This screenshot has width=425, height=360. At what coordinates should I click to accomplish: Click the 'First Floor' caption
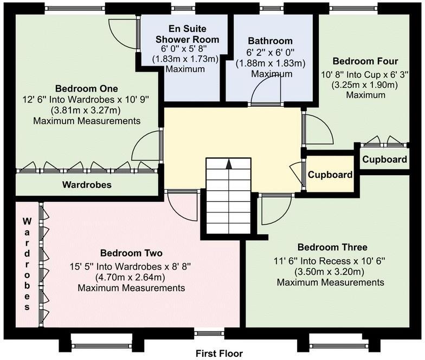pos(220,353)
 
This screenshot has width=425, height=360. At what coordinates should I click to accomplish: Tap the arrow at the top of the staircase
pos(229,163)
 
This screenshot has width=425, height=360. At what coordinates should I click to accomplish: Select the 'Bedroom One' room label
pos(87,88)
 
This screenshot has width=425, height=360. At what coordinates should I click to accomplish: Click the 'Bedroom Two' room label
pos(131,253)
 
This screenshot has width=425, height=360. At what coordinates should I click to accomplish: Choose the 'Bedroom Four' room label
pos(358,61)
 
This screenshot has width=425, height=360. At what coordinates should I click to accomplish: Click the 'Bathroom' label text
pos(270,41)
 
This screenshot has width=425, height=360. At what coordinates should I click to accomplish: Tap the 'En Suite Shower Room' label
pos(187,34)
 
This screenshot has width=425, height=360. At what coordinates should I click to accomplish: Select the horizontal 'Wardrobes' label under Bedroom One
pos(87,185)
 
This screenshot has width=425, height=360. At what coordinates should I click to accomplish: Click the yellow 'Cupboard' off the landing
pos(330,175)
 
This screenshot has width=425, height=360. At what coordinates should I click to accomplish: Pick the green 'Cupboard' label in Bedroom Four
pos(384,159)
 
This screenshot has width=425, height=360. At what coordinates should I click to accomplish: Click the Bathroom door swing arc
pos(266,89)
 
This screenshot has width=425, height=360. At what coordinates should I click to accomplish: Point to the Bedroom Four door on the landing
pos(315,128)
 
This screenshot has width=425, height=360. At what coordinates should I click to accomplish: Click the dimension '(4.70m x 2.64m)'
pos(131,277)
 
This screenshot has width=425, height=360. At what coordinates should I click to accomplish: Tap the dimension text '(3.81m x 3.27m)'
pos(87,110)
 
